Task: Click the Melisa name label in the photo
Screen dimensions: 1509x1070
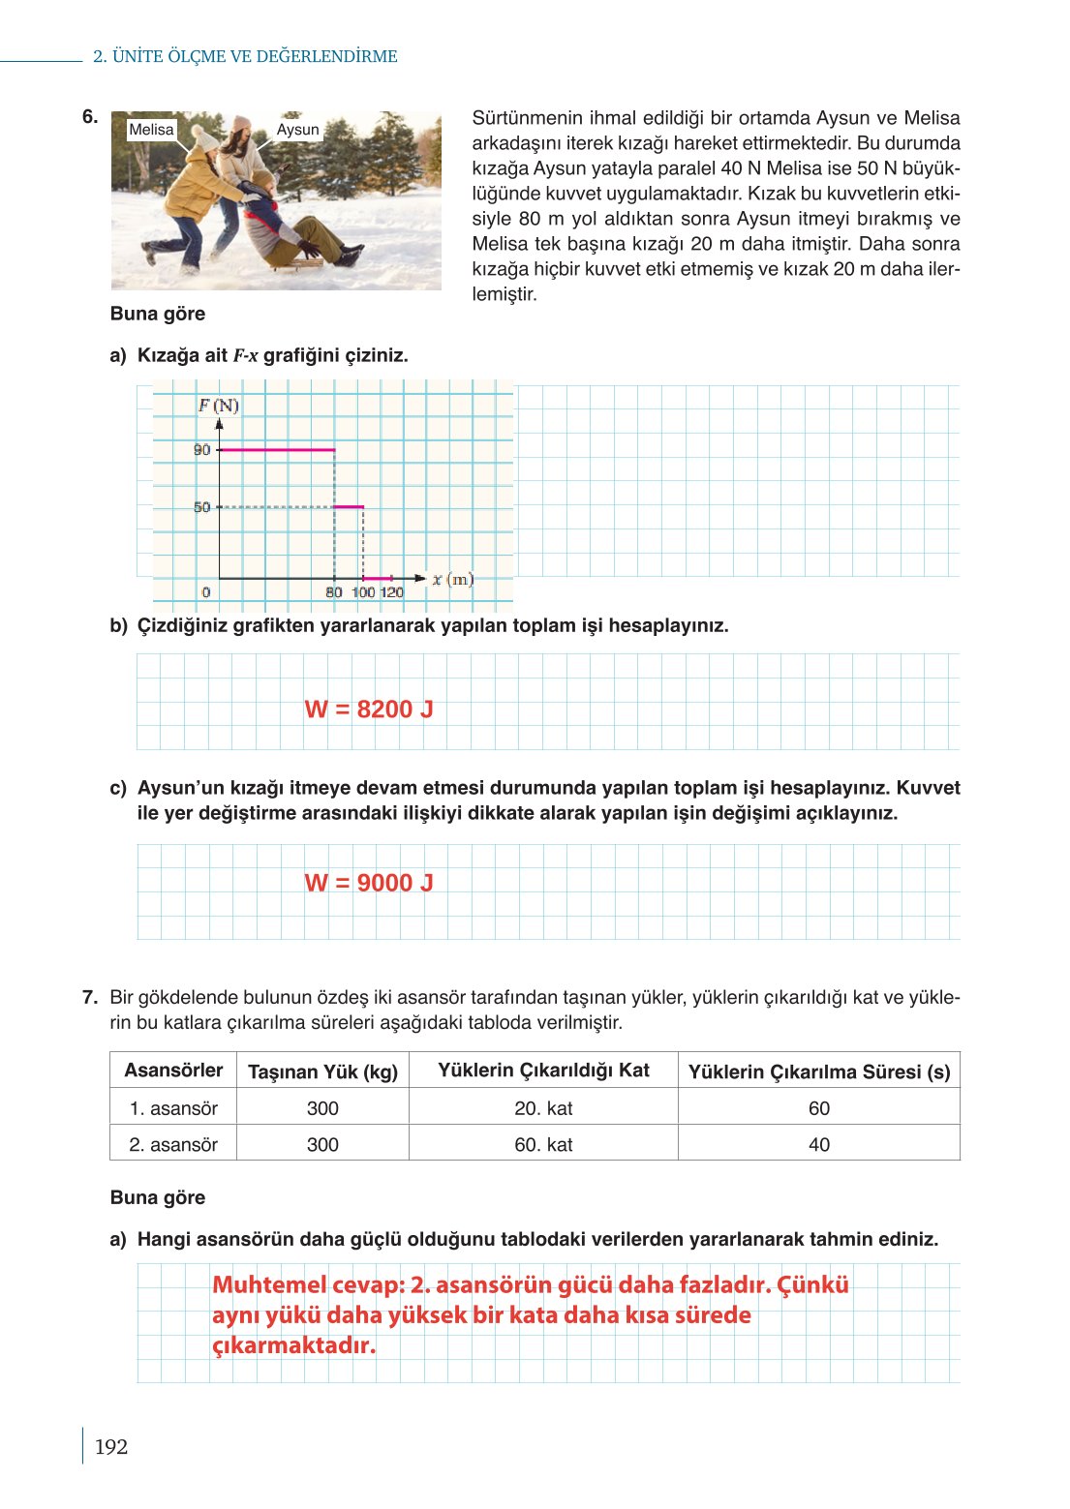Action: pos(151,130)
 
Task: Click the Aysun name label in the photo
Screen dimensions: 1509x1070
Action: pos(297,130)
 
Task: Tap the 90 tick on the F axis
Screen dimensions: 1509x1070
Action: pos(201,450)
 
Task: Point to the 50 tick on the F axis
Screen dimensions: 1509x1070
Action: pos(201,507)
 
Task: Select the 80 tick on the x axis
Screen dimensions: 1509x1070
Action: pos(334,592)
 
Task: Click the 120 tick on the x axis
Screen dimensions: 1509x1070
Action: pos(392,592)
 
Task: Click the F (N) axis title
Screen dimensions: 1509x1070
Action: pos(219,405)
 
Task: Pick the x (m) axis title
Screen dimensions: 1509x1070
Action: pos(452,579)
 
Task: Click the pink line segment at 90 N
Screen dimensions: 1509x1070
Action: pos(277,450)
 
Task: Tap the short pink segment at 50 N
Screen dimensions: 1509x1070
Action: pos(349,506)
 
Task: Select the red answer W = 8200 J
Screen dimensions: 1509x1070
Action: pos(369,709)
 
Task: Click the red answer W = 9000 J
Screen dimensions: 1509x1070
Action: pos(369,883)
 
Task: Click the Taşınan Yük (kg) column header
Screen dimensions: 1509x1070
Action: pos(322,1071)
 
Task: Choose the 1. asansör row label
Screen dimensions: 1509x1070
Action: pos(173,1108)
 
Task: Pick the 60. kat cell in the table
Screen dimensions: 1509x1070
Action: pos(543,1145)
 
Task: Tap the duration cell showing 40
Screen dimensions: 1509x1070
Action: pos(818,1145)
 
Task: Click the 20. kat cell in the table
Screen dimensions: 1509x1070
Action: pos(543,1108)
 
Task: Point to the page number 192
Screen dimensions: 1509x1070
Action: pos(111,1447)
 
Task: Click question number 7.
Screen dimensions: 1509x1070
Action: pos(89,997)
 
